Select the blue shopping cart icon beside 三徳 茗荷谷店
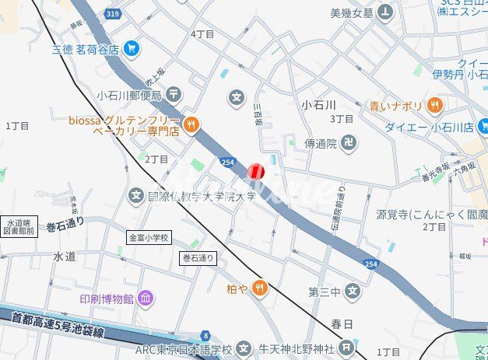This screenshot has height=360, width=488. click(x=131, y=48)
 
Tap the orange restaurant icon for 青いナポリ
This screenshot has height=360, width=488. click(x=434, y=105)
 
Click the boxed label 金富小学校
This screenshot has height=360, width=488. click(x=149, y=237)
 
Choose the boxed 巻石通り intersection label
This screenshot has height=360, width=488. click(x=198, y=257)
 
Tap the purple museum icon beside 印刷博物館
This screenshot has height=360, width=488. click(x=146, y=299)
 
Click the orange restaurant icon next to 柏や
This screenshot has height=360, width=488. click(x=260, y=288)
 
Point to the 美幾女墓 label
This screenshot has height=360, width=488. click(x=352, y=13)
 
